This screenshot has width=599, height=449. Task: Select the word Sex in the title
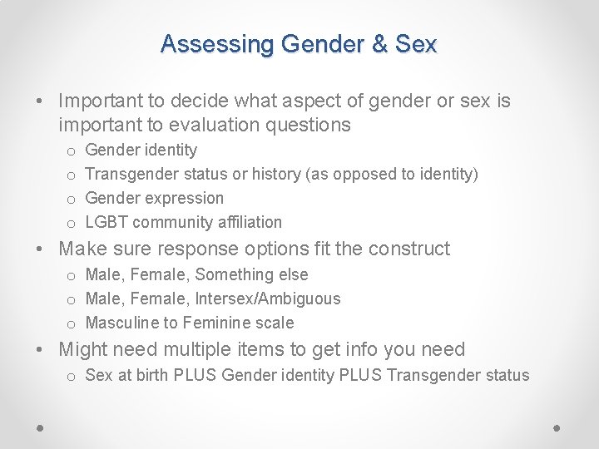pyautogui.click(x=416, y=44)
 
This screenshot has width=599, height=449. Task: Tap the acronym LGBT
pyautogui.click(x=106, y=222)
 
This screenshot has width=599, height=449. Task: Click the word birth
pyautogui.click(x=151, y=375)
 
